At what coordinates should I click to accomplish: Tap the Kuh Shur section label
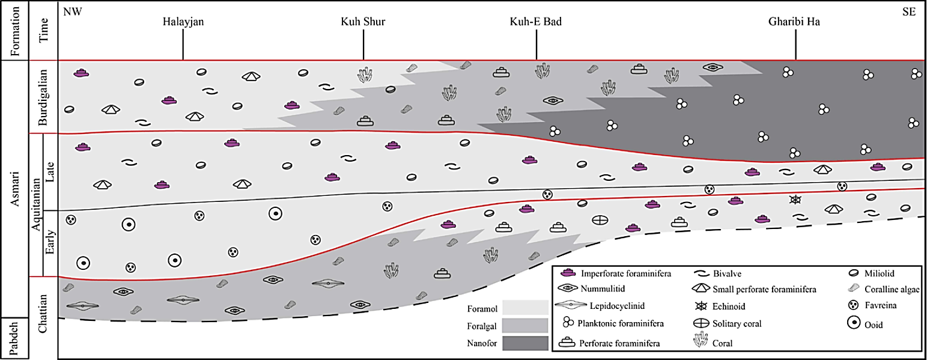point(363,23)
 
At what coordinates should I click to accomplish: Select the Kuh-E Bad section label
point(535,23)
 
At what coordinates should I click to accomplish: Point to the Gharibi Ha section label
point(795,23)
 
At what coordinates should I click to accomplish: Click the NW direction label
point(72,12)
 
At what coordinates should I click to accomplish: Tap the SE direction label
point(908,12)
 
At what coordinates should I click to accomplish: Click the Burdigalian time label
point(43,96)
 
